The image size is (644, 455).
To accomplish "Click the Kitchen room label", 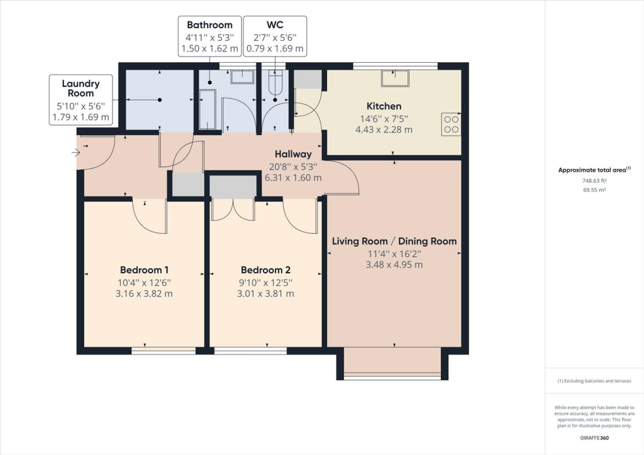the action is point(384,106).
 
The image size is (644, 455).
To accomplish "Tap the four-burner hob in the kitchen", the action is point(451,124).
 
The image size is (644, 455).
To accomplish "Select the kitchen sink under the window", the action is point(395,78).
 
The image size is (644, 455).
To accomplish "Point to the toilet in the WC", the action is point(275,82).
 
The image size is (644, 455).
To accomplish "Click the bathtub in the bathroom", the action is point(207,109).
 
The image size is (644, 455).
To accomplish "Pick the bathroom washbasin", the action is point(242,77).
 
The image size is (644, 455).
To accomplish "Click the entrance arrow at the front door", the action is point(76,153).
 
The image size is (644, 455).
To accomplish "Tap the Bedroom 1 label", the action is point(144,270).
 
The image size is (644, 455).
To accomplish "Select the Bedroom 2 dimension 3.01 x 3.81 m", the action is point(265,293).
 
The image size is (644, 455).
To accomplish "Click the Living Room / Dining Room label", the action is point(394,241).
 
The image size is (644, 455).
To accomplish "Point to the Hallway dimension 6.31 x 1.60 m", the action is point(293,178).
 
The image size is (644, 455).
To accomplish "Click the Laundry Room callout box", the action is point(81,100).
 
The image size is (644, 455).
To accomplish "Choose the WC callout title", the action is point(275,25).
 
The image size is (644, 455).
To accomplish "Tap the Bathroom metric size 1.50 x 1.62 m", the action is point(210,48).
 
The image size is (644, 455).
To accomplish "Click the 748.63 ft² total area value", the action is point(594,180).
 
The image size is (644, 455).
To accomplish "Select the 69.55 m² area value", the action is point(594,190).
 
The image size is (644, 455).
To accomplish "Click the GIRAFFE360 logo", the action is point(594,438).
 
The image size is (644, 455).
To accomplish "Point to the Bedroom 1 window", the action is point(164,351).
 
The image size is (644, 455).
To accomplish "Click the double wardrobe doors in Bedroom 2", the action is point(233,209).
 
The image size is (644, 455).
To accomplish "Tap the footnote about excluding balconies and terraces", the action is point(594,381).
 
